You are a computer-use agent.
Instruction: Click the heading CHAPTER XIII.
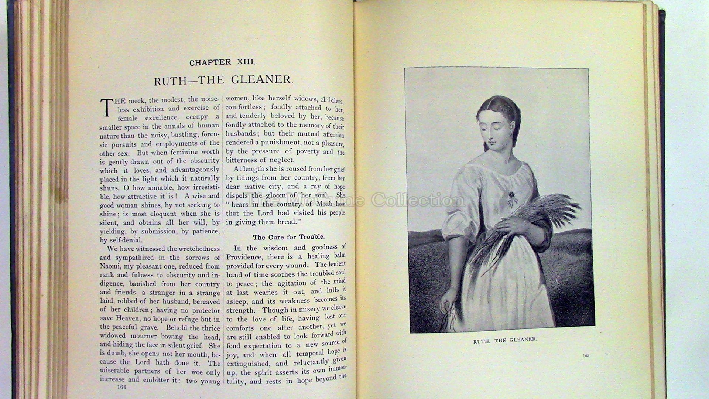(x=222, y=62)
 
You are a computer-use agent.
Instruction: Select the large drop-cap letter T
(x=107, y=107)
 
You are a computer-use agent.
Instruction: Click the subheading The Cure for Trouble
(x=288, y=237)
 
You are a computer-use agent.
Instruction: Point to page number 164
(x=121, y=387)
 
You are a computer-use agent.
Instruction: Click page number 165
(x=586, y=355)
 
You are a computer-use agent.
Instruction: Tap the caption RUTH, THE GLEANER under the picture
(x=505, y=340)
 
